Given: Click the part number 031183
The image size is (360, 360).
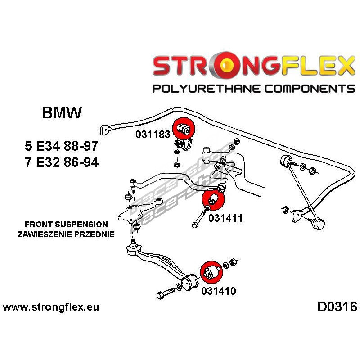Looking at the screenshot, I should [152, 135].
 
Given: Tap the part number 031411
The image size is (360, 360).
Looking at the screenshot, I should [225, 218].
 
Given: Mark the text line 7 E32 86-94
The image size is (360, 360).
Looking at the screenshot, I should [61, 162].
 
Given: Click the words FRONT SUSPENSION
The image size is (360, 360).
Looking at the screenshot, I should [66, 224].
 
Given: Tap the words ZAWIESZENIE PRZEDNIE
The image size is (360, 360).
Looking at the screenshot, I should [66, 234].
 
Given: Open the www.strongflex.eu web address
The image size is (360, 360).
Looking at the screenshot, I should [51, 307].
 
